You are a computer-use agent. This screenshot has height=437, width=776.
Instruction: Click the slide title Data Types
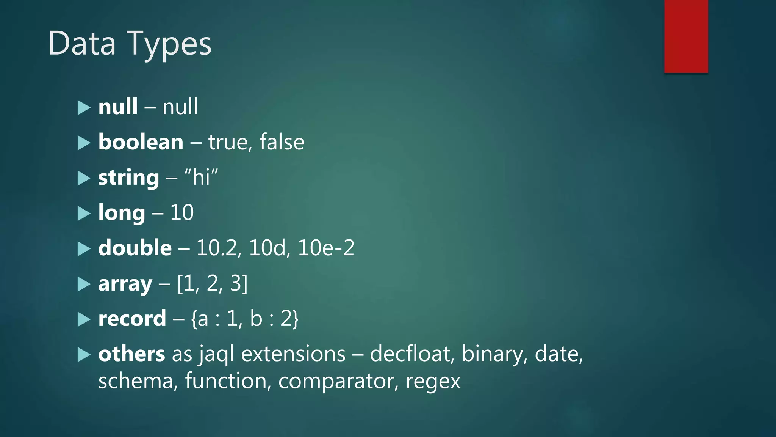130,44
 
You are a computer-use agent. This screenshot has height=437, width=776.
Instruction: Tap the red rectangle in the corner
686,36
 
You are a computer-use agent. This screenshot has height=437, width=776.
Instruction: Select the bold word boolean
141,142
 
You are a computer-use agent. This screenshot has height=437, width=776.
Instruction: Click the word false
282,142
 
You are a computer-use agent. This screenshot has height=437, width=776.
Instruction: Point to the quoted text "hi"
201,177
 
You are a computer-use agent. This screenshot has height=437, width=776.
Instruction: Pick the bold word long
121,213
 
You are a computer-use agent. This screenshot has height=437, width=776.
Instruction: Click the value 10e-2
326,248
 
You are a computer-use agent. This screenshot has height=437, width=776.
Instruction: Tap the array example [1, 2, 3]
212,283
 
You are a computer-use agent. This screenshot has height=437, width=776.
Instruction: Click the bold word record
132,319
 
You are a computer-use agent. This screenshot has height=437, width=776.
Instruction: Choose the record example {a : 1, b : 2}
245,319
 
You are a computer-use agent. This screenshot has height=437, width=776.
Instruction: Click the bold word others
131,354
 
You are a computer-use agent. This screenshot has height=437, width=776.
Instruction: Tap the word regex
433,382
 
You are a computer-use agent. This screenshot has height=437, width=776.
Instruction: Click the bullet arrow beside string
84,178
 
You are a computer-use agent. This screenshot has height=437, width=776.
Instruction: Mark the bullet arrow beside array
84,284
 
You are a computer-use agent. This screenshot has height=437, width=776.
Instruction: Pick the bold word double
135,248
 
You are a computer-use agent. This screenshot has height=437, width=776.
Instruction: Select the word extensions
293,354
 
